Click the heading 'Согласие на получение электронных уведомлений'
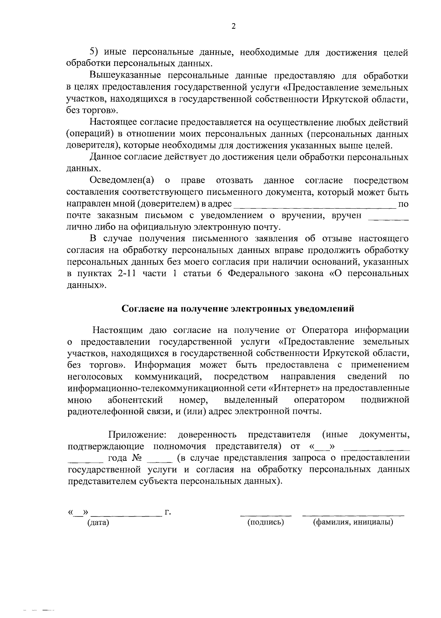click(x=238, y=308)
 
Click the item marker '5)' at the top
click(x=95, y=52)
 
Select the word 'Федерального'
click(x=263, y=273)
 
